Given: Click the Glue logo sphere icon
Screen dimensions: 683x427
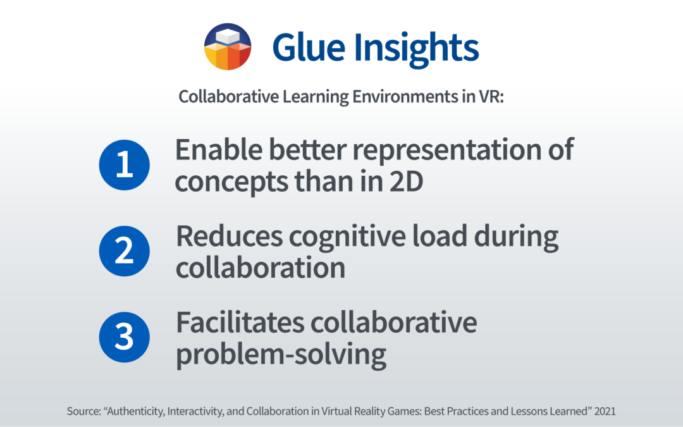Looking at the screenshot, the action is [x=228, y=47].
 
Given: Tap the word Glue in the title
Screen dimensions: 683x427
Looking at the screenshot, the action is [x=309, y=47].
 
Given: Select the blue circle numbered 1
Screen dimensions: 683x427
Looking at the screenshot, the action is [x=125, y=164].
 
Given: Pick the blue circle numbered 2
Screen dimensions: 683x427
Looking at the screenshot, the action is [x=125, y=251].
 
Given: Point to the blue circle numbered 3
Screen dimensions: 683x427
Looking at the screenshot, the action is [x=125, y=337].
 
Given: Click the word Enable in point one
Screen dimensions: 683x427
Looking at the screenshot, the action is [x=219, y=149].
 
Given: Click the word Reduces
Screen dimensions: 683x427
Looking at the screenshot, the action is [x=229, y=236].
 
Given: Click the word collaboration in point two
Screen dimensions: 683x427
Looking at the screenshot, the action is [x=261, y=267].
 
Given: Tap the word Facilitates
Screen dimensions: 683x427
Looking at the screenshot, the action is [x=240, y=323].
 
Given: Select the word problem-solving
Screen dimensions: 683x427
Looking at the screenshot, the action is [x=281, y=355].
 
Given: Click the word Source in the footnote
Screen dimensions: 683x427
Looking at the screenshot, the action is [x=84, y=411].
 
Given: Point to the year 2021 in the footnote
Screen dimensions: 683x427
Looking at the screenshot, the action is [x=605, y=411].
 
